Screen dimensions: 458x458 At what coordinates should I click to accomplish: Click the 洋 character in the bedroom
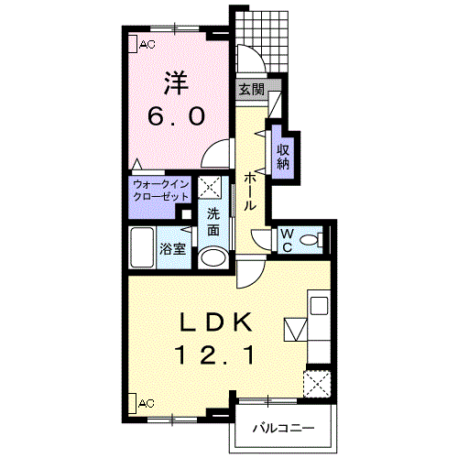pos(177,83)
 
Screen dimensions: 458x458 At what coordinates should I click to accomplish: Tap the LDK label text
pos(216,322)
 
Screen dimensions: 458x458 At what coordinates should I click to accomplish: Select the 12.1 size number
pos(214,354)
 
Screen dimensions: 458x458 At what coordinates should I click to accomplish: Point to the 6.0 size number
pos(176,116)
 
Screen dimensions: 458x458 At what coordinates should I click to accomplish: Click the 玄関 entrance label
pos(251,90)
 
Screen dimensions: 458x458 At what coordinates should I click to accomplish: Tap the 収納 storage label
pos(283,157)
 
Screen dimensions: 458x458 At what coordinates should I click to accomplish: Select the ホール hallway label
pos(250,191)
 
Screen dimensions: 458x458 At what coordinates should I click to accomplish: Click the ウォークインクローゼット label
pos(161,191)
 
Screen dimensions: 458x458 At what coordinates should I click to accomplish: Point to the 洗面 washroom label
pos(213,222)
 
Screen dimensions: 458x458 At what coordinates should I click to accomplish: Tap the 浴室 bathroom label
pos(173,249)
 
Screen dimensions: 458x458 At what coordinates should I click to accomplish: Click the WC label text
pos(287,241)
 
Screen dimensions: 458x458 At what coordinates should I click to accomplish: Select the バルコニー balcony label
pos(283,429)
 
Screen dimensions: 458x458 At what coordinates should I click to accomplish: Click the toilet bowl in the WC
pos(309,240)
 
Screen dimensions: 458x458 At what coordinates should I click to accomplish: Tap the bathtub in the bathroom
pos(142,247)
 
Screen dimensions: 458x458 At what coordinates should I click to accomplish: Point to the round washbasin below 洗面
pos(213,257)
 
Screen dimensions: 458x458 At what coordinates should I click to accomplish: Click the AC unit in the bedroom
pos(132,44)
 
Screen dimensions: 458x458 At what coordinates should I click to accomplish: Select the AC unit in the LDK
pos(132,404)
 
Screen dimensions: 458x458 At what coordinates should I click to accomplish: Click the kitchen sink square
pos(319,306)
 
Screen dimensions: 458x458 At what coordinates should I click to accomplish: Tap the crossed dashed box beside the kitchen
pos(317,384)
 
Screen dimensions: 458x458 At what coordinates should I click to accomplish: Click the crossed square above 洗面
pos(210,187)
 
